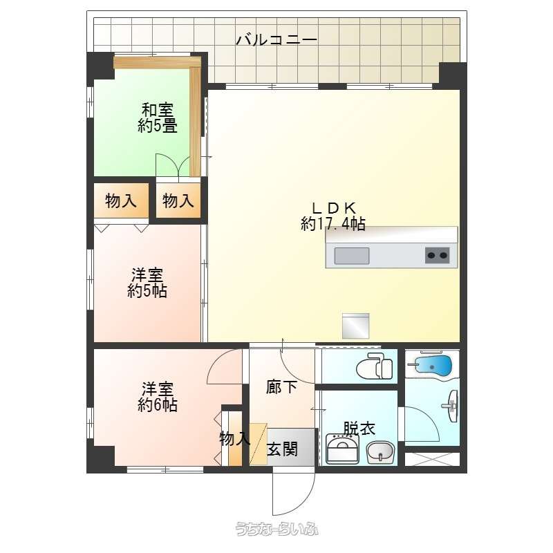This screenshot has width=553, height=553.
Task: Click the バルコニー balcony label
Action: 276,39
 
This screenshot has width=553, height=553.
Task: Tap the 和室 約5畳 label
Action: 158,118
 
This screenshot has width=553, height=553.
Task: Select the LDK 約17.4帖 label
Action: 333,216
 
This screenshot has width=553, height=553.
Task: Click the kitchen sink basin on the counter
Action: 352,256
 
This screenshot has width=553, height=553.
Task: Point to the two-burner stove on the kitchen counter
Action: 437,255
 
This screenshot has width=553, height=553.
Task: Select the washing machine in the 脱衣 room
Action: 342,448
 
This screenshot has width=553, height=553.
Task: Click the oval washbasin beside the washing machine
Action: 380,452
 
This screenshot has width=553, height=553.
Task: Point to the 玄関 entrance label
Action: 282,449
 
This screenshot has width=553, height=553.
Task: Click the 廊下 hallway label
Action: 281,387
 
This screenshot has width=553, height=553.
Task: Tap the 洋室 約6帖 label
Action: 158,396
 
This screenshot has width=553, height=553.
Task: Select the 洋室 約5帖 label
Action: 147,283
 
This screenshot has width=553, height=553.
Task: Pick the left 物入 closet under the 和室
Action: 121,200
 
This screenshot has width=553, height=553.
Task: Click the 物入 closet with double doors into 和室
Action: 178,200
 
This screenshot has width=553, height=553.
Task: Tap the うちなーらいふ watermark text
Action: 277,529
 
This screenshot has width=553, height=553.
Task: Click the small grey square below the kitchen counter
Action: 355,326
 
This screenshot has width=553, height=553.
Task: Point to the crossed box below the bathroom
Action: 432,459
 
